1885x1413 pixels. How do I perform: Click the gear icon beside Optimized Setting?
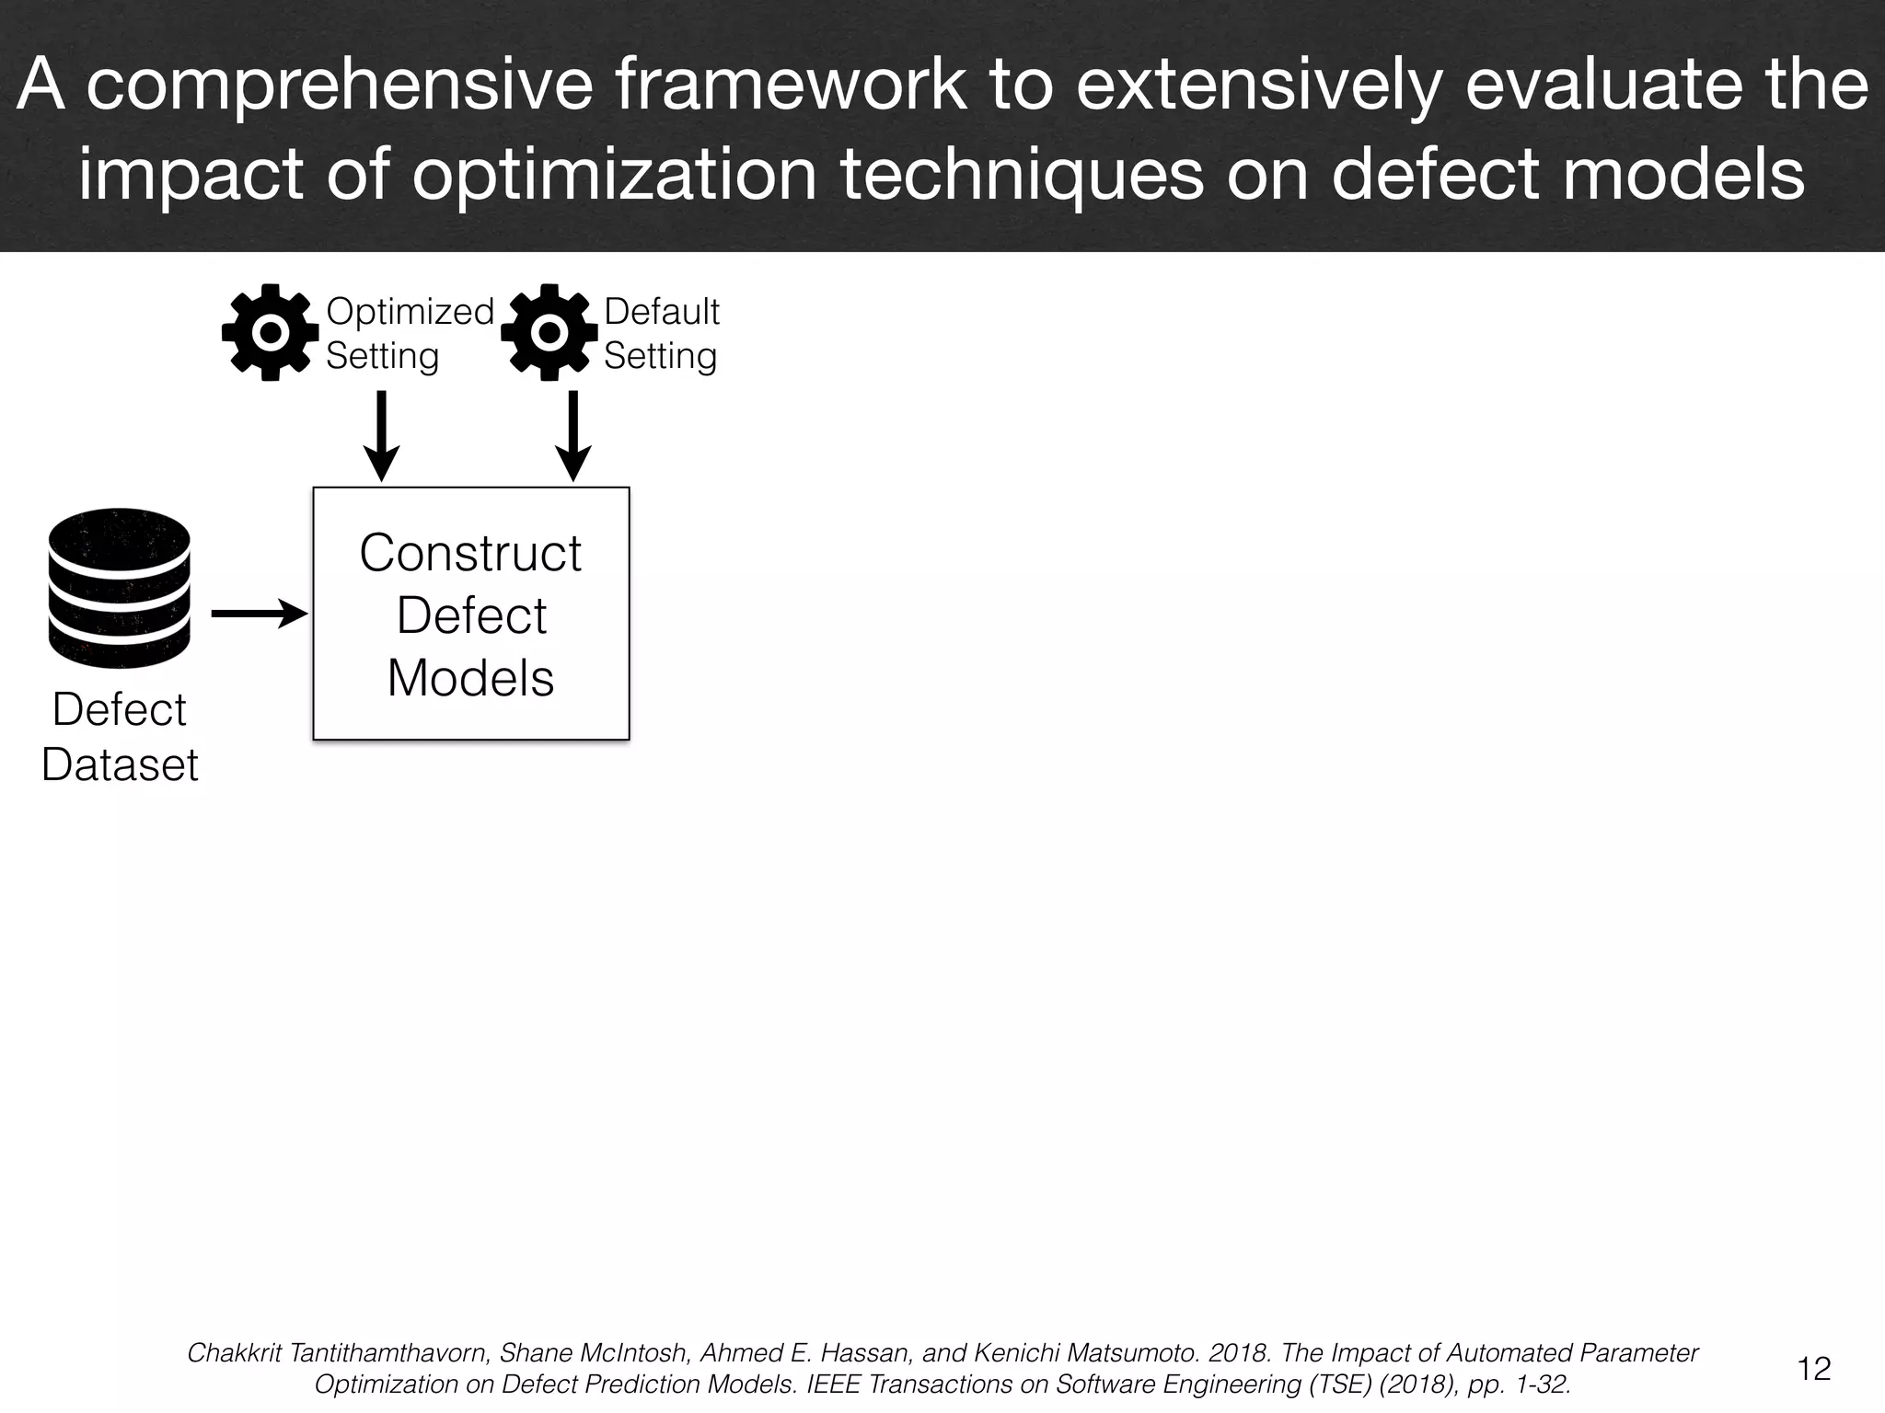(270, 333)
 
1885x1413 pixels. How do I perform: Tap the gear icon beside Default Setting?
(549, 333)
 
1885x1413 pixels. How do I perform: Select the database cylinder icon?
(119, 588)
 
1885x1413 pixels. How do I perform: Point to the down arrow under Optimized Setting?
(381, 436)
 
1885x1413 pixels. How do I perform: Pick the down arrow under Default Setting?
(572, 436)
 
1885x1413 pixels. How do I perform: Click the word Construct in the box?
(470, 553)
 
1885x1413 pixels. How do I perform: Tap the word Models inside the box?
(470, 678)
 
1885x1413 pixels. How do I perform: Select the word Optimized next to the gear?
(410, 312)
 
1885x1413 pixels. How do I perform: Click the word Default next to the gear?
(661, 312)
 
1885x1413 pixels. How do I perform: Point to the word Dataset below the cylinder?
(120, 764)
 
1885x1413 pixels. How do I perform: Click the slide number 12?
(1814, 1369)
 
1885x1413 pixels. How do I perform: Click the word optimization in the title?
(614, 174)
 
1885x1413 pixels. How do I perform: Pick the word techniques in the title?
(1022, 174)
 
